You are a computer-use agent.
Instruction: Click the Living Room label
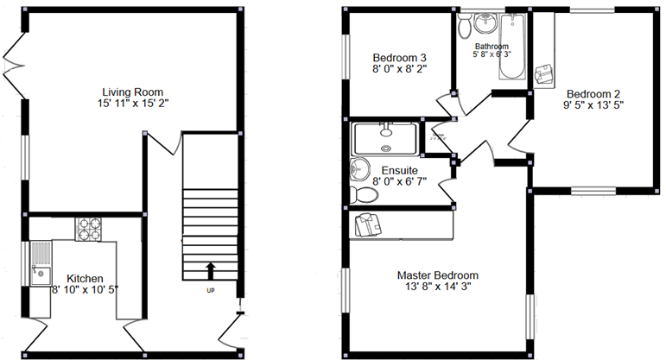[x=132, y=92]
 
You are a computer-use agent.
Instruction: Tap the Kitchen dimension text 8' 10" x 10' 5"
[x=85, y=289]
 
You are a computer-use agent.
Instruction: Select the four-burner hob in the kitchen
[x=89, y=229]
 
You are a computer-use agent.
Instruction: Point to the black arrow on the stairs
[x=210, y=272]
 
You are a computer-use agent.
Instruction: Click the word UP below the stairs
[x=210, y=290]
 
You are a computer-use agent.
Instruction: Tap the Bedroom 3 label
[x=399, y=57]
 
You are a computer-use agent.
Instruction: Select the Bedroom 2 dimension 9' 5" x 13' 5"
[x=593, y=105]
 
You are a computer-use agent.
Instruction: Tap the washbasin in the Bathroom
[x=485, y=20]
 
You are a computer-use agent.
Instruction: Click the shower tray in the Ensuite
[x=386, y=137]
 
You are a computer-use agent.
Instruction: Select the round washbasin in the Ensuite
[x=358, y=169]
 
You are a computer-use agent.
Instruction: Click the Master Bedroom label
[x=437, y=275]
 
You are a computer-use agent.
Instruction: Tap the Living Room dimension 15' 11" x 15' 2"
[x=132, y=104]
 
